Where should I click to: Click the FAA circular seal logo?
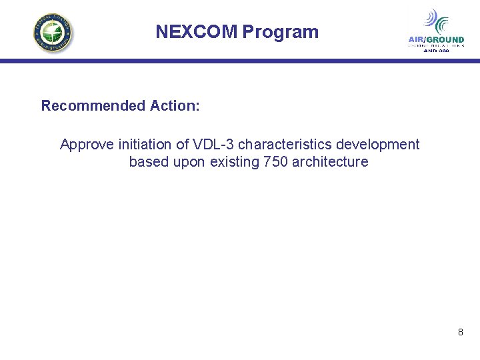pos(53,33)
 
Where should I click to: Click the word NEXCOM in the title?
pos(197,32)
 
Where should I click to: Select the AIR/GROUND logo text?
pos(436,40)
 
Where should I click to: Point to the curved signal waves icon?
pos(437,21)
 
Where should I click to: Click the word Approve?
pos(87,145)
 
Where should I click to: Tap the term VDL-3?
pos(213,145)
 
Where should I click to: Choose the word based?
pos(149,162)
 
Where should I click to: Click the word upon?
pos(190,162)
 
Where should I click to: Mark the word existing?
pos(235,162)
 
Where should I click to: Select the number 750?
pos(276,162)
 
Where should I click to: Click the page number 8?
pos(460,331)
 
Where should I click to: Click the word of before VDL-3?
pos(183,145)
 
